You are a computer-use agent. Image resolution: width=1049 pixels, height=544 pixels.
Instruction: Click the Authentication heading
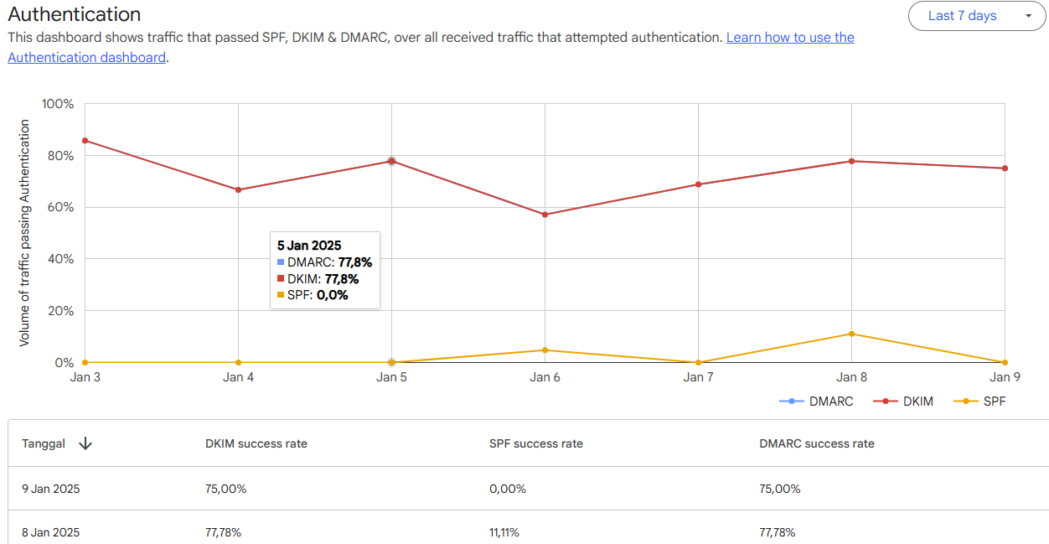[x=75, y=14]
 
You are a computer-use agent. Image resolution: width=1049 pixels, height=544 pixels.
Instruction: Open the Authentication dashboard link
[x=87, y=58]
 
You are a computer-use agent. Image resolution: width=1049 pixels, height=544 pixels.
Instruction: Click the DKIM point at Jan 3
[x=85, y=141]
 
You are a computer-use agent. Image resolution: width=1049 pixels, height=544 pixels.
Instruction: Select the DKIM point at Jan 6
[x=545, y=215]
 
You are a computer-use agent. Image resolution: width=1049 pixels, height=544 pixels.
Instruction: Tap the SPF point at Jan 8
[x=851, y=334]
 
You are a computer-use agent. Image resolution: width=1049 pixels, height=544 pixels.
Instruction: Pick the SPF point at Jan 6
[x=545, y=350]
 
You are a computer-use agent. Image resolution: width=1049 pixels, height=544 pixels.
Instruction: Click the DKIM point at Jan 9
[x=1005, y=168]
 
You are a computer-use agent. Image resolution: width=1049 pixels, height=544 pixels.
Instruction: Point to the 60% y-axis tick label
[x=59, y=207]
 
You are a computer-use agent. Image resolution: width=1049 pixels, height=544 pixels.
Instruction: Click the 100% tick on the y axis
[x=57, y=104]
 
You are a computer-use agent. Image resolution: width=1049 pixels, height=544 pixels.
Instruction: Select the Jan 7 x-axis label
[x=698, y=377]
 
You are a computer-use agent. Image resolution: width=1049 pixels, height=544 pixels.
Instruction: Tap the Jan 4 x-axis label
[x=239, y=377]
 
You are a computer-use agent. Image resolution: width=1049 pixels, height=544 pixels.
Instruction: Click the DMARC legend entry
[x=817, y=402]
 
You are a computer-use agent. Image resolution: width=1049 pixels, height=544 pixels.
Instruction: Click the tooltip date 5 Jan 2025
[x=310, y=246]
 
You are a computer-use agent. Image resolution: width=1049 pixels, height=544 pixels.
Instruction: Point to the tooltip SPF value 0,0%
[x=332, y=295]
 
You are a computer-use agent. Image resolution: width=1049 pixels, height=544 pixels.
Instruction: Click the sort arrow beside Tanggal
[x=85, y=443]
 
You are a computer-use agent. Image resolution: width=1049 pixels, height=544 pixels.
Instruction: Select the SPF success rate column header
[x=536, y=443]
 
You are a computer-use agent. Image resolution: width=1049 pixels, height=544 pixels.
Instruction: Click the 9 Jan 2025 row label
[x=51, y=489]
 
